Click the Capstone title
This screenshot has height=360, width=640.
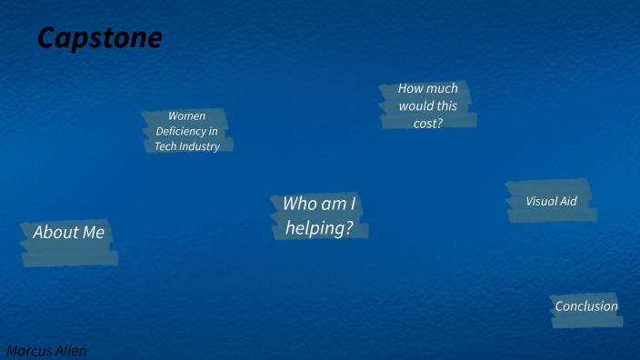coord(100,38)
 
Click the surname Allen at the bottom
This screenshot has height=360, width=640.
coord(70,351)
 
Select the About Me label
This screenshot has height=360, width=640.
coord(69,233)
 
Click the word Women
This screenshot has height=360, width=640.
coord(187,116)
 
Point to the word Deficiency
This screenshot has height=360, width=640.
coord(180,131)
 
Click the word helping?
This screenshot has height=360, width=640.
coord(319,228)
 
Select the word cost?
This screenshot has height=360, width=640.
coord(428,124)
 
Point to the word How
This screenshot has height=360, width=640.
coord(411,89)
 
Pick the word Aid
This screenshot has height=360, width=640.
coord(568,201)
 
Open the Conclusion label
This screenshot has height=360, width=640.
coord(586,306)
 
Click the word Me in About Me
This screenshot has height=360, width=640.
coord(94,233)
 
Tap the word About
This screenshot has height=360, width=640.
coord(56,233)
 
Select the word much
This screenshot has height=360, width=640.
coord(443,89)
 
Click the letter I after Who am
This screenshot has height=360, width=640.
coord(353,204)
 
